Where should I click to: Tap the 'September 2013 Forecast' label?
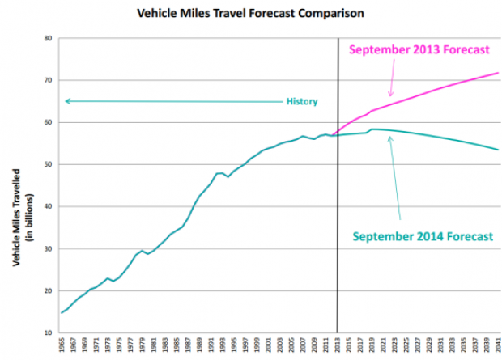[419, 49]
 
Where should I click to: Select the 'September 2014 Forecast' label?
[422, 236]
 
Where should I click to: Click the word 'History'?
[301, 102]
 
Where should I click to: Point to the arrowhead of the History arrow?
[67, 101]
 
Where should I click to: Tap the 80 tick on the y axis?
[49, 38]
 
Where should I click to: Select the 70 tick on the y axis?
[49, 80]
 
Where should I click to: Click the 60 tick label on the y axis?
[49, 122]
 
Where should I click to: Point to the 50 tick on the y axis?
[49, 164]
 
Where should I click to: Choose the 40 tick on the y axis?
[49, 206]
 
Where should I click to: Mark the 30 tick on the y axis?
[49, 248]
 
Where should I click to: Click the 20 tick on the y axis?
[49, 290]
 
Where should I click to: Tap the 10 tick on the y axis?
[49, 332]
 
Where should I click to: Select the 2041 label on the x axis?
[497, 347]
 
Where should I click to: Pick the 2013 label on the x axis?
[337, 347]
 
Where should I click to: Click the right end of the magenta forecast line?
[497, 74]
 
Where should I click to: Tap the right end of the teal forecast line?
[497, 150]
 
